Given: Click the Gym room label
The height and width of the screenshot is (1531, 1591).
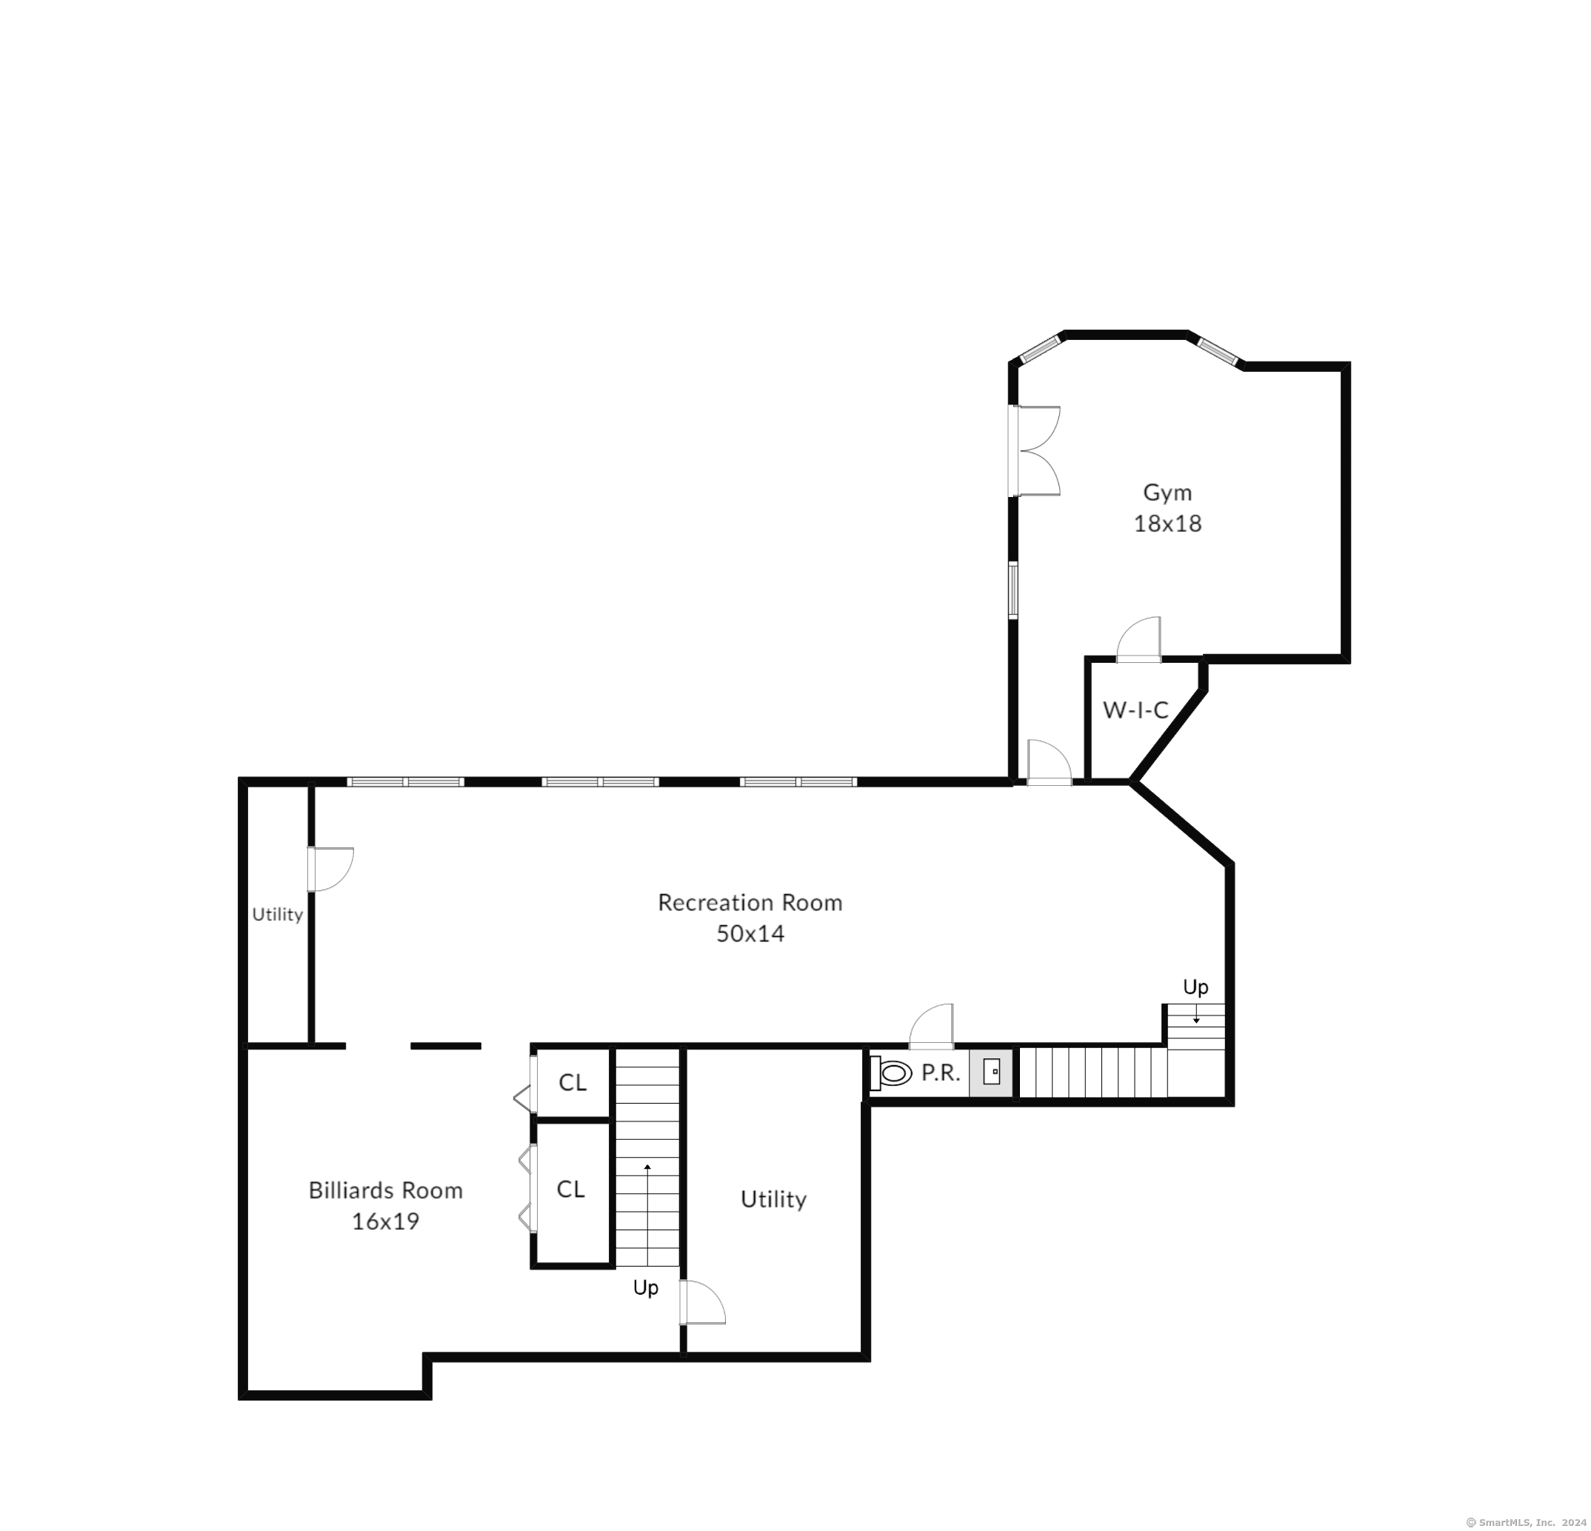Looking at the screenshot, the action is (x=1167, y=493).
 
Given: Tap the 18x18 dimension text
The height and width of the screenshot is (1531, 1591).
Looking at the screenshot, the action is (x=1167, y=524).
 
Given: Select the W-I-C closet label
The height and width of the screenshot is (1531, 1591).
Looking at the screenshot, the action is (x=1135, y=710).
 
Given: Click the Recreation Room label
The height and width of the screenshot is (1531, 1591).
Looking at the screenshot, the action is (x=750, y=903).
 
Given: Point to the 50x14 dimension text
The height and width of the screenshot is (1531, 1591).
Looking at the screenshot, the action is (x=750, y=933).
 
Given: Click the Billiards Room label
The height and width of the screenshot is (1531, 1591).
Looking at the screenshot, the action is (x=386, y=1190).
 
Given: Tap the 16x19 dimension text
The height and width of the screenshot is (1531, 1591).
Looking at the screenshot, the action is (x=386, y=1221).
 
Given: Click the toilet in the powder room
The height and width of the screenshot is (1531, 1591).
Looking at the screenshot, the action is (x=890, y=1073).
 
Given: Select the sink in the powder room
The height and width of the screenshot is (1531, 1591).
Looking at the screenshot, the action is (x=991, y=1073).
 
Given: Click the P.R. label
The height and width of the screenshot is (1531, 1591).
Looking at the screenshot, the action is (x=941, y=1073).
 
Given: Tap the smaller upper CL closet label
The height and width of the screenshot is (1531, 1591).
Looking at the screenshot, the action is (x=573, y=1082).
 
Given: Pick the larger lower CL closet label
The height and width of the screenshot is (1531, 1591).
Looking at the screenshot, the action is (x=570, y=1190).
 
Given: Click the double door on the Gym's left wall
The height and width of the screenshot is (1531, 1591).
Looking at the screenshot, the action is (x=1035, y=450).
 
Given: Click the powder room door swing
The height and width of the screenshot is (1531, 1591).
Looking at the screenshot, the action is (x=930, y=1027).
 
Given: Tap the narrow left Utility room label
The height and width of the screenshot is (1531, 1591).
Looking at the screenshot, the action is (x=278, y=915).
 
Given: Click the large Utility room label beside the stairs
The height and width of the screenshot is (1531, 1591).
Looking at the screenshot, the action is (x=773, y=1200).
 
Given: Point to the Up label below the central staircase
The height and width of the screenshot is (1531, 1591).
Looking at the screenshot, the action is (x=645, y=1288).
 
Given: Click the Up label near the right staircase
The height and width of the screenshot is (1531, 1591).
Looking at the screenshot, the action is (x=1195, y=987).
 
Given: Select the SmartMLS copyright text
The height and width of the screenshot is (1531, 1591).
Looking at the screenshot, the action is (x=1526, y=1523).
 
